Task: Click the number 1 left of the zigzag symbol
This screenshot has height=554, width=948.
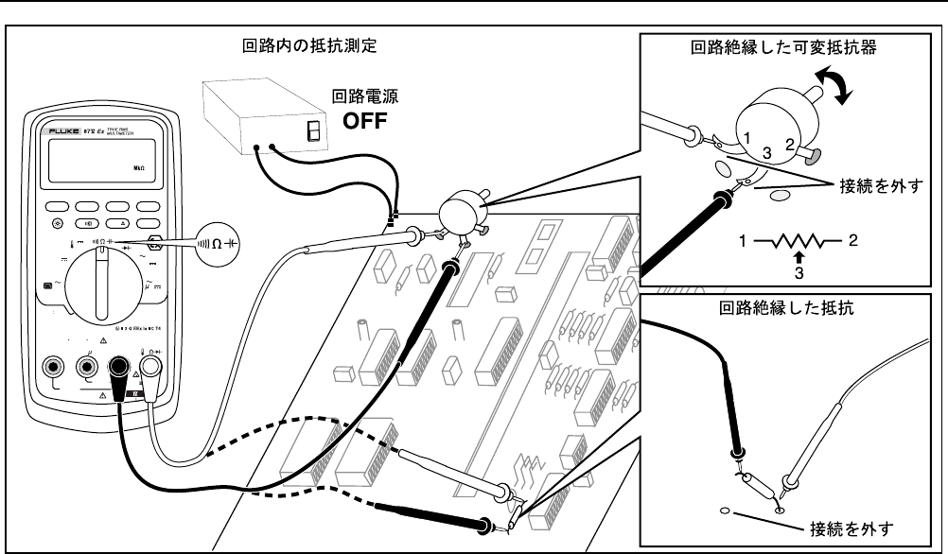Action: point(747,241)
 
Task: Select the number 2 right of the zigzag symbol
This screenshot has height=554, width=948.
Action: point(852,241)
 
